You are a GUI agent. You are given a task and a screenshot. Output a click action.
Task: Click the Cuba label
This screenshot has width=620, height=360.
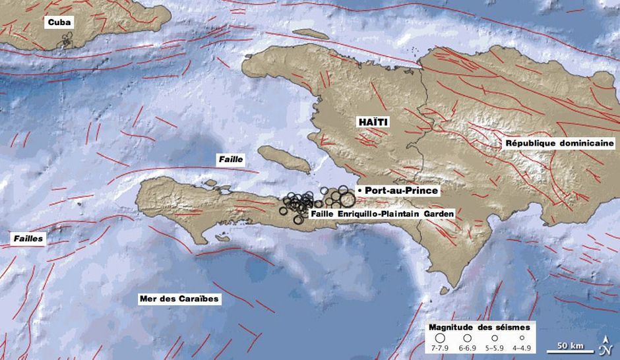[59, 22]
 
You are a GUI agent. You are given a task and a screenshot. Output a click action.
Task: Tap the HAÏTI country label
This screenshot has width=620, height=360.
[373, 122]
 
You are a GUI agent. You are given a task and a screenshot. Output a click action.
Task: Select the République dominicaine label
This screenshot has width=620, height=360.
[559, 143]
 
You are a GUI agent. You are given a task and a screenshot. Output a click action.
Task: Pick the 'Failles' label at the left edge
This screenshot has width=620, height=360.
[28, 239]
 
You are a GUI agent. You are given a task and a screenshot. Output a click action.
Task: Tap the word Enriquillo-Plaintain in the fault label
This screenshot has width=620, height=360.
[367, 214]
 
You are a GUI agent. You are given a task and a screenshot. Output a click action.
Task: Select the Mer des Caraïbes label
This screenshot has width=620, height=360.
[179, 299]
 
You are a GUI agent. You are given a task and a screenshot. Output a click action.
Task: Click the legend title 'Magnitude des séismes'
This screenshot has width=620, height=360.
[479, 326]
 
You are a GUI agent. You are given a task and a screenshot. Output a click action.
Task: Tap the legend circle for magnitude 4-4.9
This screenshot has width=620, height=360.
[521, 337]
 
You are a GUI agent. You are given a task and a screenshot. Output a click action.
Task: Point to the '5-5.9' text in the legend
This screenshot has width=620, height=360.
[494, 347]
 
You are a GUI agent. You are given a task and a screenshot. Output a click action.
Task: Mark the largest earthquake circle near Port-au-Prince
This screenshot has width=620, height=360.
[343, 197]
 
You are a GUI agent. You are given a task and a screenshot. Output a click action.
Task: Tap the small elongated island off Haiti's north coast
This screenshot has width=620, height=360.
[311, 34]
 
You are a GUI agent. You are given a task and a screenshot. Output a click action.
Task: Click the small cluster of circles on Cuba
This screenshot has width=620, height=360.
[64, 43]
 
